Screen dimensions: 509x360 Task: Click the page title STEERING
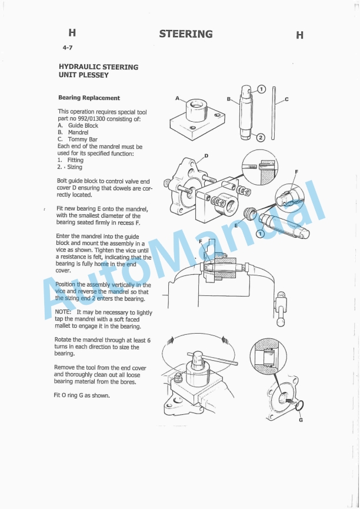(x=186, y=34)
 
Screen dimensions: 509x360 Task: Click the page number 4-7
(x=68, y=48)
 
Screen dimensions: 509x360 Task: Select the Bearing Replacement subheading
(x=89, y=98)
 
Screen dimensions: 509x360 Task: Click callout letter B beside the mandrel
(x=228, y=99)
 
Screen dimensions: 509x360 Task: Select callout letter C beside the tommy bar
(x=286, y=99)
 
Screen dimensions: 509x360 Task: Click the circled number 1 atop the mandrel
(x=262, y=89)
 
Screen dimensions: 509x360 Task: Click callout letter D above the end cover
(x=206, y=155)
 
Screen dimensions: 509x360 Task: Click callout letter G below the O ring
(x=301, y=420)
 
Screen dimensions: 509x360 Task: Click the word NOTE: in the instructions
(x=63, y=312)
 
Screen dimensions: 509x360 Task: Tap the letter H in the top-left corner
(x=72, y=33)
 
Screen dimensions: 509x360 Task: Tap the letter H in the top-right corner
(x=299, y=35)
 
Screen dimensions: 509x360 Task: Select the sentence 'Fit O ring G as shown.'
(x=82, y=395)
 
